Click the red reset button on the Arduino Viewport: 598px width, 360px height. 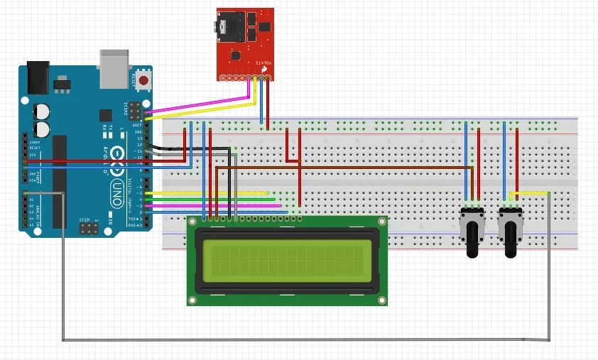point(144,81)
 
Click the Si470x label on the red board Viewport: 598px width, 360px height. point(263,63)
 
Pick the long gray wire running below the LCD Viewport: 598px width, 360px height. point(305,339)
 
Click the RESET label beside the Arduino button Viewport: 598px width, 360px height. point(134,78)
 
